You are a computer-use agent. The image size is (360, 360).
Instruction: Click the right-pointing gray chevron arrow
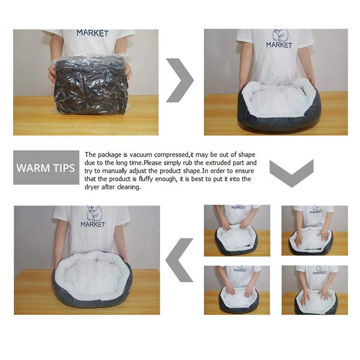tap(180, 80)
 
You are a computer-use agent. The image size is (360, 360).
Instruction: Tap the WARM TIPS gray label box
tap(46, 168)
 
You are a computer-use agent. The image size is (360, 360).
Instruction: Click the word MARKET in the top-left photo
tap(92, 33)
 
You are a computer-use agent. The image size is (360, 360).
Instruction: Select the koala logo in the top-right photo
tap(279, 36)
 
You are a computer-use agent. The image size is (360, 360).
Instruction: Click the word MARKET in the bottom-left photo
tap(93, 224)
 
